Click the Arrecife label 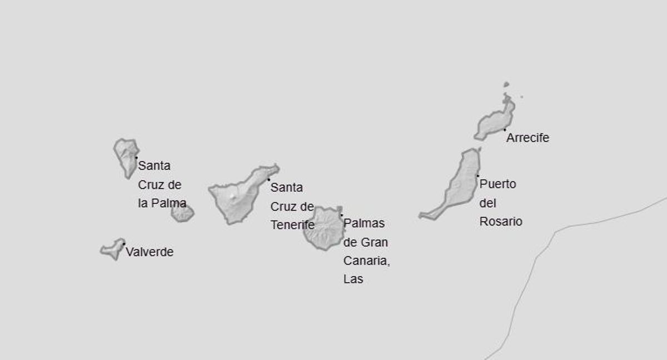(x=527, y=138)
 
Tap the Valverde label (x=150, y=252)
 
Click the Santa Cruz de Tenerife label (x=292, y=206)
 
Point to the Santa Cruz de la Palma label (x=162, y=184)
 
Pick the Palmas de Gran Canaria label (x=366, y=251)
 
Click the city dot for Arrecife (x=505, y=129)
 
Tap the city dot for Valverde (x=123, y=244)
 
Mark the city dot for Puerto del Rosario (x=477, y=176)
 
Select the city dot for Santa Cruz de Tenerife (x=268, y=179)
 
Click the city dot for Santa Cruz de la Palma (x=136, y=157)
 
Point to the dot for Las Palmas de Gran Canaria (x=341, y=215)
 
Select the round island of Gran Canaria (x=322, y=228)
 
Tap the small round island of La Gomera (x=182, y=213)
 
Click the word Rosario (x=501, y=221)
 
